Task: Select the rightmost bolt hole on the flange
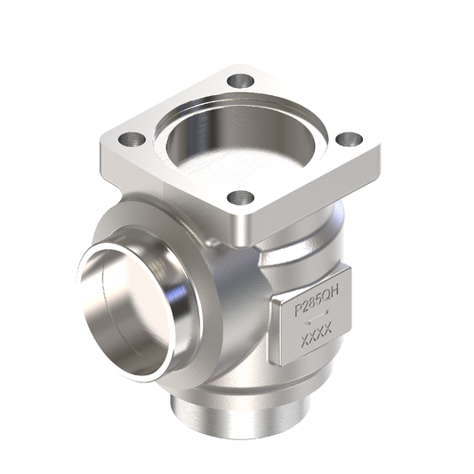349,139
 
